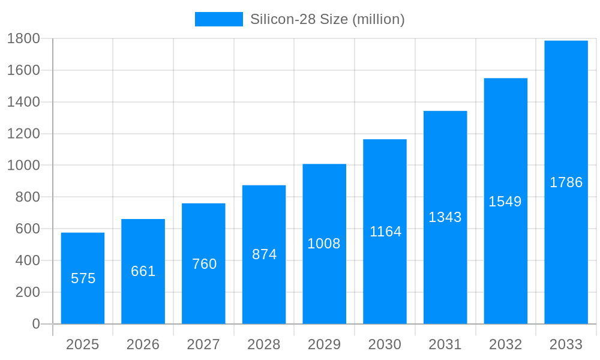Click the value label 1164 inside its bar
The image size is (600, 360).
tap(385, 232)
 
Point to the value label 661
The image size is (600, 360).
tap(143, 271)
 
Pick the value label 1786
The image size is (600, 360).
tap(566, 182)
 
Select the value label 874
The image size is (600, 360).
tap(264, 254)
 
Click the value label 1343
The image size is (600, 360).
tap(445, 217)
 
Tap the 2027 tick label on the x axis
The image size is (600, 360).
tap(203, 344)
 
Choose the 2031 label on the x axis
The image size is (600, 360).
tap(445, 344)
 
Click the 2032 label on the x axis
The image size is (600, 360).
tap(505, 344)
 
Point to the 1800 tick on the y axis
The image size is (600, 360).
tap(23, 38)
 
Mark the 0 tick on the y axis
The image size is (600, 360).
tap(35, 324)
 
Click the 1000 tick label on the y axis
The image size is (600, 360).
tap(23, 166)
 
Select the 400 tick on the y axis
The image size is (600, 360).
tap(27, 260)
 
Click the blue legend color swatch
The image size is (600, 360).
tap(218, 19)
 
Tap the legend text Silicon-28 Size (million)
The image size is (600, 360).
tap(327, 19)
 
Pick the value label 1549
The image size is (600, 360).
tap(505, 202)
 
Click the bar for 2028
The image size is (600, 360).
tap(264, 288)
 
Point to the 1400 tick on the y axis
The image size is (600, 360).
tap(23, 102)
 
